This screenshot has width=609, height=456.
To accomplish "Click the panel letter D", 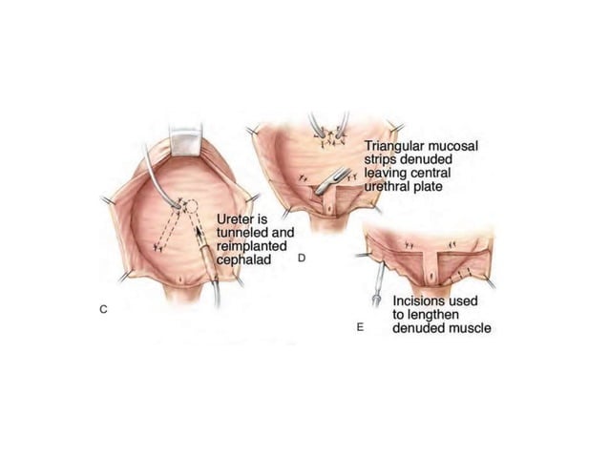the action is click(301, 258).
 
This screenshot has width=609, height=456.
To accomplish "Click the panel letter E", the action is click(359, 327).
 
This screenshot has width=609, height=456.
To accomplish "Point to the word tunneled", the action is click(245, 232).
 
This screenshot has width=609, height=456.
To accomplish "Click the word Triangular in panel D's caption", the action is click(393, 147).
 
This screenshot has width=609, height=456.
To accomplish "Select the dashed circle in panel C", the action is click(191, 206).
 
